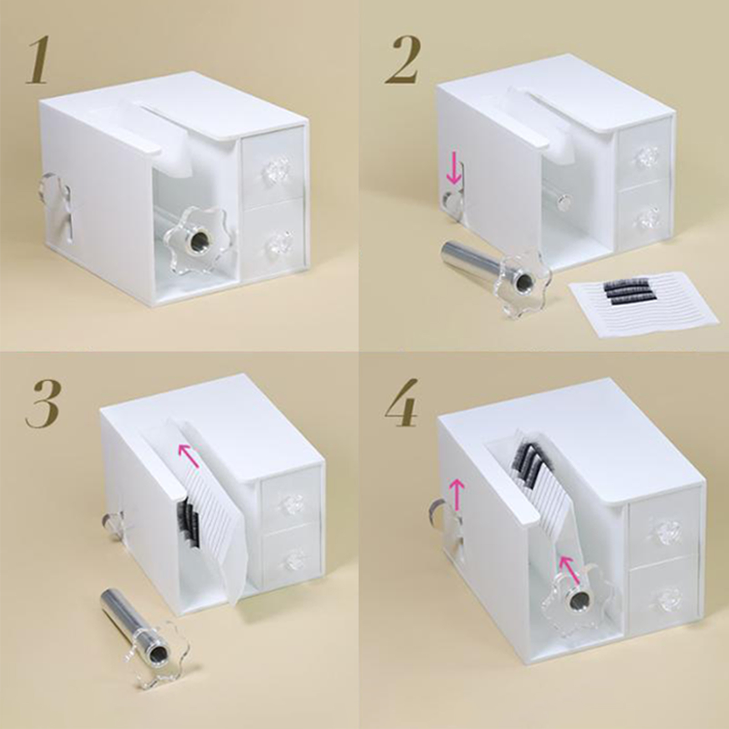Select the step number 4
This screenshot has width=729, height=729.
click(x=402, y=403)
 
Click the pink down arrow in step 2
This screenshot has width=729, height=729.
click(x=453, y=175)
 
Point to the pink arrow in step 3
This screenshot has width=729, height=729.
click(x=189, y=456)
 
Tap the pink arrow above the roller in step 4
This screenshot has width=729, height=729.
click(x=570, y=569)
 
